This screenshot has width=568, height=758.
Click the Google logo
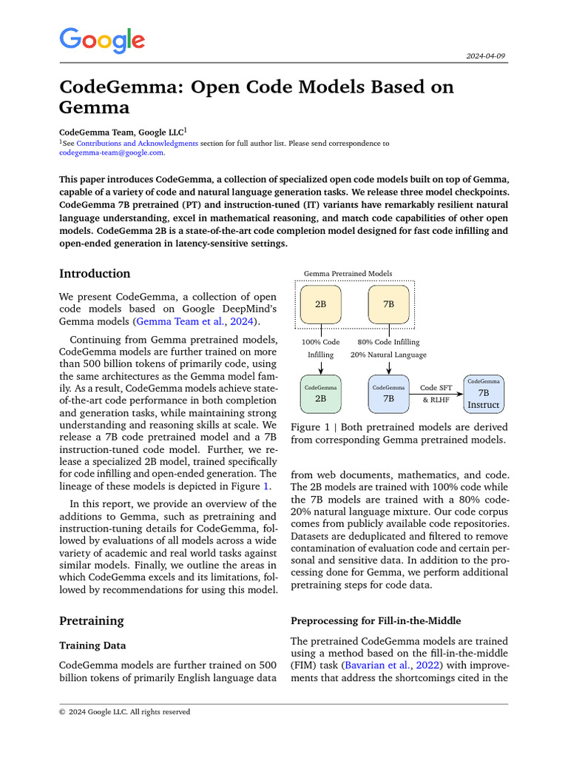tap(102, 41)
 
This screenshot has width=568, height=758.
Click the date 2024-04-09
tap(486, 56)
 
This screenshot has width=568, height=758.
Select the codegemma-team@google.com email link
tap(111, 152)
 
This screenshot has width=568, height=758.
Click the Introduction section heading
tap(95, 274)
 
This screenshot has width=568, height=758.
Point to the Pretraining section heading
tap(92, 620)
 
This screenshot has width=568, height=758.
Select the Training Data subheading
tap(92, 645)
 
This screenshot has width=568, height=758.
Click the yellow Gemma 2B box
tap(321, 304)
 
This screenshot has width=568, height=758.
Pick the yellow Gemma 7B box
tap(388, 304)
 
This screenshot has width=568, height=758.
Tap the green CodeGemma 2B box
tap(321, 394)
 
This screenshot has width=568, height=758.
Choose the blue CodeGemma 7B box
tap(388, 394)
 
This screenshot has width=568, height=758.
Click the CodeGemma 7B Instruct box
tap(484, 394)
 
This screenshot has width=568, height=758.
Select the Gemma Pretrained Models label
tap(348, 274)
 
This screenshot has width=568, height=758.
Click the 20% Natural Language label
tap(388, 355)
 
